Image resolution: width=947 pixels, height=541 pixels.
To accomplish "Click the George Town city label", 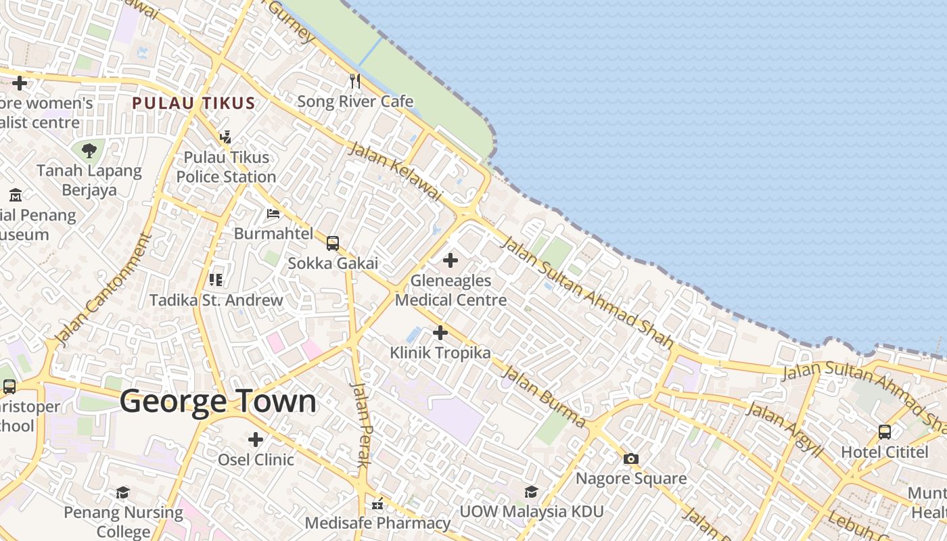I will tap(218, 402).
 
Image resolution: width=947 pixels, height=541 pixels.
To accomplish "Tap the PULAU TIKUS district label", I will tap(193, 103).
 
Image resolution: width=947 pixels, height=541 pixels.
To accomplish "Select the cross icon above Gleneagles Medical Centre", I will tap(450, 260).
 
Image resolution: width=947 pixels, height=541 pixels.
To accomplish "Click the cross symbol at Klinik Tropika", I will tap(440, 333).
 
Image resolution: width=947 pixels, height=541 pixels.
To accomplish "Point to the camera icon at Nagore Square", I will tap(630, 459).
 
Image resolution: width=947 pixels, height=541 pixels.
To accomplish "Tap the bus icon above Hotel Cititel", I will tap(884, 431).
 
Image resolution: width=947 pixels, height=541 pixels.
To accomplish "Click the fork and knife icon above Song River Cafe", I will tap(355, 82).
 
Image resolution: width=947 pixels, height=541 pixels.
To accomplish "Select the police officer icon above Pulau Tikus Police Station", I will tap(226, 137).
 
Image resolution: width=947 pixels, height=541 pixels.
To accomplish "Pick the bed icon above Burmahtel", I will tap(273, 214).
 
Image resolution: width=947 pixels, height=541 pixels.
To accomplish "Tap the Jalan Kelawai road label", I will tap(394, 172).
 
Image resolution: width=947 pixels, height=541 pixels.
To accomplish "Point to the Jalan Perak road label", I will tap(362, 425).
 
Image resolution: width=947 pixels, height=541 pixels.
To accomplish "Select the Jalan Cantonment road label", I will tap(103, 290).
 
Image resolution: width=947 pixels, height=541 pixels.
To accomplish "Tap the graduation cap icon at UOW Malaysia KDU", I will tap(531, 492).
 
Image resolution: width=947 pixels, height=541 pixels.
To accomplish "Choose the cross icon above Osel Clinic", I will tap(255, 440).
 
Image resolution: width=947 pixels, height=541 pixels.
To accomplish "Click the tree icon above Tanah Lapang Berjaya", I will tap(89, 151).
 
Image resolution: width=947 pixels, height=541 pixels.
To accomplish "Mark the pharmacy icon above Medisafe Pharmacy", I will tap(377, 504).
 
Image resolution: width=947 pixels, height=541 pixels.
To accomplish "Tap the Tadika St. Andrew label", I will tap(216, 300).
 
